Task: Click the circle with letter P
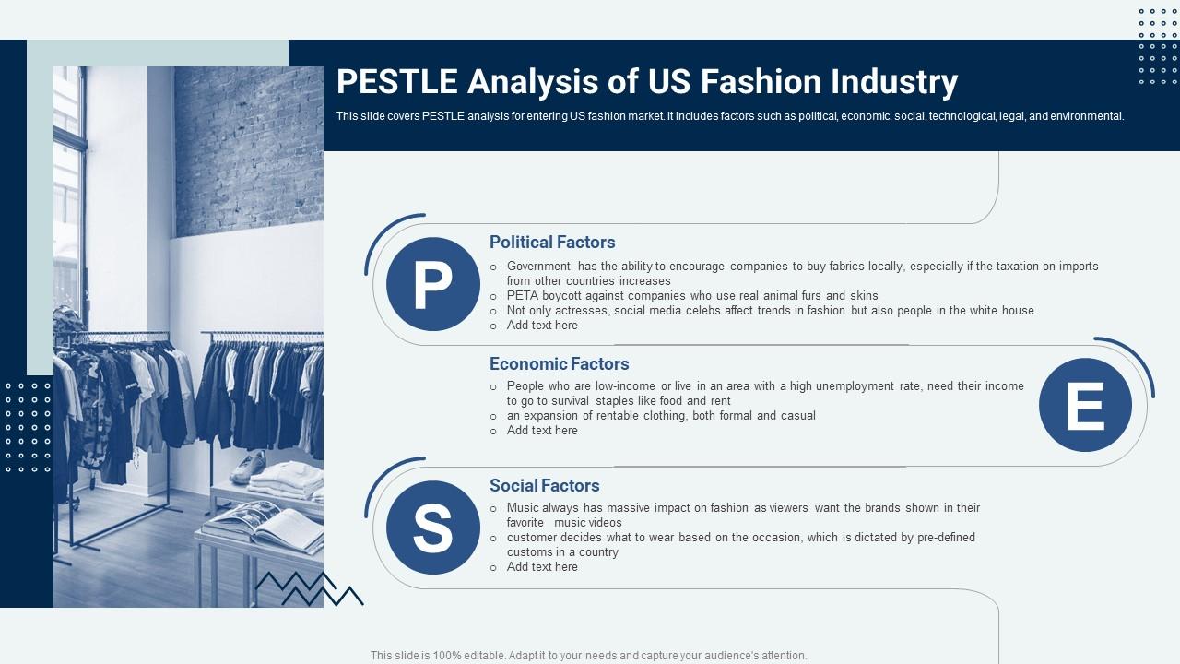(x=432, y=284)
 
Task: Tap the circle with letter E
(x=1085, y=405)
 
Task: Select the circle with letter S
(x=432, y=528)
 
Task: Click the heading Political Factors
(x=552, y=243)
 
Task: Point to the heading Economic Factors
(x=559, y=364)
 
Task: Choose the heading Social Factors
(x=544, y=486)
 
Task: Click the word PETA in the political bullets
(x=522, y=296)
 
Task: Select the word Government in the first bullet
(x=538, y=267)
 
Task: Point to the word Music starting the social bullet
(x=523, y=508)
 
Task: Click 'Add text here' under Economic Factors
(x=542, y=431)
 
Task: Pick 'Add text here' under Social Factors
(x=542, y=567)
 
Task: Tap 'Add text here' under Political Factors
(x=542, y=326)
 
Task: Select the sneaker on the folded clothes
(x=249, y=466)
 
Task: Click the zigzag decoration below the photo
(x=309, y=588)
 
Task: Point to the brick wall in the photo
(x=249, y=148)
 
